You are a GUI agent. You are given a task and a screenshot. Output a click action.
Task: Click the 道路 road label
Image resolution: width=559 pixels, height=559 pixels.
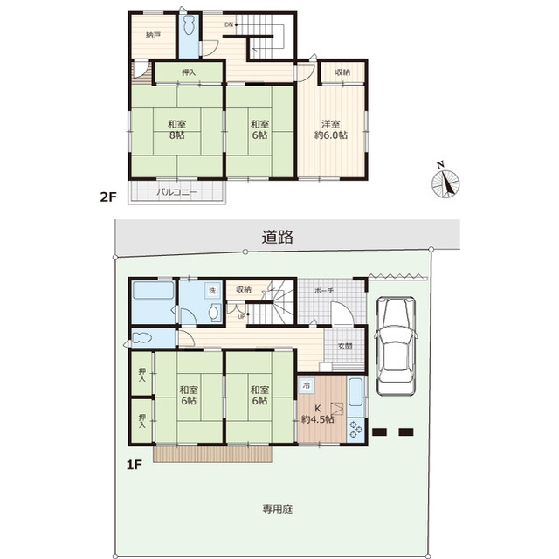click(x=278, y=237)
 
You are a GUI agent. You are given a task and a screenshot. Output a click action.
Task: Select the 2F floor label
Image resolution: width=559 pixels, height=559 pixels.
click(x=108, y=197)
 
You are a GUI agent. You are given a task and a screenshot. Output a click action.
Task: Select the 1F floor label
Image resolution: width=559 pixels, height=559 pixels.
click(x=135, y=465)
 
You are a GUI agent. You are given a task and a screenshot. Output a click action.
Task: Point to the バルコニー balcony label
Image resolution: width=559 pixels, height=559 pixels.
click(x=176, y=192)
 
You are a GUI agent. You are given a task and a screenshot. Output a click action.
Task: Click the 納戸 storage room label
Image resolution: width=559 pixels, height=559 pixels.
click(x=154, y=35)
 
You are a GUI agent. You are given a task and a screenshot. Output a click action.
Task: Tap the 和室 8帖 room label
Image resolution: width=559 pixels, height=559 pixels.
click(x=176, y=129)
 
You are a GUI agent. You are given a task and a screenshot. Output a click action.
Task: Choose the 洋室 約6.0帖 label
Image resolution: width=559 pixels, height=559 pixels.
click(x=331, y=129)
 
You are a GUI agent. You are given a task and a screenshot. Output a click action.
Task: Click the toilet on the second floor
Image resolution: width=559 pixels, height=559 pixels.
click(x=189, y=25)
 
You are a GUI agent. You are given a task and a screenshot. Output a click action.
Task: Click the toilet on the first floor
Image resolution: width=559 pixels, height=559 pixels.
click(x=142, y=338)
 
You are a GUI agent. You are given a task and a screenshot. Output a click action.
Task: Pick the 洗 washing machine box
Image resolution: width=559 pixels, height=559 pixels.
click(x=212, y=291)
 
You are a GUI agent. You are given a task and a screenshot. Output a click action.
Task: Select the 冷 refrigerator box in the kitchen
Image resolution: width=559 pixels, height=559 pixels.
click(x=307, y=385)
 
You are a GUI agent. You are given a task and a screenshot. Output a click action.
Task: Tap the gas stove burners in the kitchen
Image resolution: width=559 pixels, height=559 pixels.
click(x=355, y=429)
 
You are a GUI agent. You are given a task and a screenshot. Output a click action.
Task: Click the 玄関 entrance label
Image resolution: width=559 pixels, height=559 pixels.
click(x=345, y=346)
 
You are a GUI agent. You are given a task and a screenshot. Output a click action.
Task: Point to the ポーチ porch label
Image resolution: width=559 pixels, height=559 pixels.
click(x=324, y=291)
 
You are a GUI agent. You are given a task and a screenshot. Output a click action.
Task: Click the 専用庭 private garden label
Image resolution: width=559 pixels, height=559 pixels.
click(x=278, y=509)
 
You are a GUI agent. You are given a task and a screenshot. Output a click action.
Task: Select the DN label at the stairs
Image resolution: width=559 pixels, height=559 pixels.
click(x=229, y=24)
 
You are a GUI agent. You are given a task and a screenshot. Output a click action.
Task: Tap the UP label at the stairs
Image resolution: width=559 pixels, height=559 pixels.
click(x=241, y=316)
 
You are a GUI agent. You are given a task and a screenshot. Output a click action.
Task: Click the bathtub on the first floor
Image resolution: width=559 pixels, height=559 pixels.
click(x=154, y=291)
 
